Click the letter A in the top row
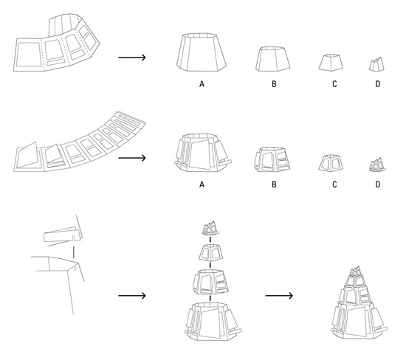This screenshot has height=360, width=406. [x=202, y=84]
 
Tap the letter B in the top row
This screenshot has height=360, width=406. [x=274, y=84]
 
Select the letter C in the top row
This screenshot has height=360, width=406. [x=334, y=84]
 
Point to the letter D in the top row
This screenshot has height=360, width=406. [x=378, y=84]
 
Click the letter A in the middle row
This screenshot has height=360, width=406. [x=202, y=184]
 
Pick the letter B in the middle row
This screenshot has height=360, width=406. [x=274, y=184]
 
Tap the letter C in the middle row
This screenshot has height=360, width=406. [x=334, y=184]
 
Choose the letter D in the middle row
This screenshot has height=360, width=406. [x=378, y=184]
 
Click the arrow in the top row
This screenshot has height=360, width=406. [x=132, y=58]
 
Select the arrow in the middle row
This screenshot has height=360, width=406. [x=132, y=158]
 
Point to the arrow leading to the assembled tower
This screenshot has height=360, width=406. [x=279, y=296]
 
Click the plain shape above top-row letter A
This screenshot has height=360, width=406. [x=202, y=52]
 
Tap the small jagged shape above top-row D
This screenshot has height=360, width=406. [x=376, y=64]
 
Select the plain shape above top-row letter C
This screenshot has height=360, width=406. [x=331, y=63]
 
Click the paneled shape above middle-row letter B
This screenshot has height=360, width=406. [x=272, y=159]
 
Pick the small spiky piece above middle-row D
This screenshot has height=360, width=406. [x=377, y=165]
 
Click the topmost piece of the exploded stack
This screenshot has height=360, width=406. [x=210, y=228]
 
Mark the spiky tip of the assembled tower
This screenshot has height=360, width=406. [x=357, y=271]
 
